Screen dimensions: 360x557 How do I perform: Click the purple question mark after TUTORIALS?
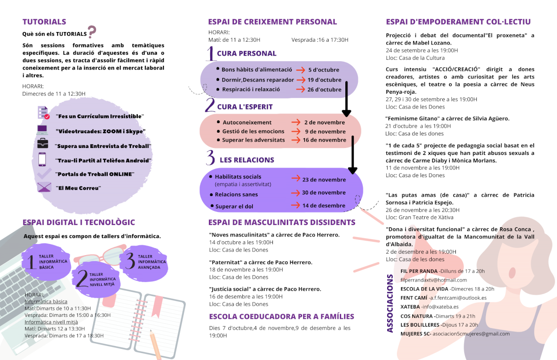click(x=92, y=32)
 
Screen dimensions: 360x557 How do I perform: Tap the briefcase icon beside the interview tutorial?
click(x=43, y=143)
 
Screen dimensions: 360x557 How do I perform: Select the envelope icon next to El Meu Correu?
click(x=44, y=187)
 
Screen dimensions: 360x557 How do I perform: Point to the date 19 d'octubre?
click(x=324, y=80)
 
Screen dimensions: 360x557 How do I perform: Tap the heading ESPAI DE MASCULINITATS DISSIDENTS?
click(x=282, y=223)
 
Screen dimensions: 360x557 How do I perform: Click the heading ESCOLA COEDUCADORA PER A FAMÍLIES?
click(x=281, y=317)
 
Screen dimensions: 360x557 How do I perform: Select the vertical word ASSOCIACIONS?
click(x=390, y=304)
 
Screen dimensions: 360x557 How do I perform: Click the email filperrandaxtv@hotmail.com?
click(x=434, y=280)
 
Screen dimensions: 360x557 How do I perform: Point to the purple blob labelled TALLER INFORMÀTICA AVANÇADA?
click(x=144, y=262)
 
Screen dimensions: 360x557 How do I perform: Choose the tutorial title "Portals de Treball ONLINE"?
click(x=94, y=174)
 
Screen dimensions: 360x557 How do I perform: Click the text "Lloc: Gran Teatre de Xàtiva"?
click(x=420, y=217)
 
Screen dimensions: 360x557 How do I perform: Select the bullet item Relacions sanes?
click(x=236, y=195)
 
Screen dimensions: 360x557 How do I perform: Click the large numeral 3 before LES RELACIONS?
click(x=210, y=158)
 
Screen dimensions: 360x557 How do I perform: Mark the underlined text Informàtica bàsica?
click(x=46, y=302)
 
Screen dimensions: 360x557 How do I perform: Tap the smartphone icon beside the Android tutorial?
click(x=42, y=159)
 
